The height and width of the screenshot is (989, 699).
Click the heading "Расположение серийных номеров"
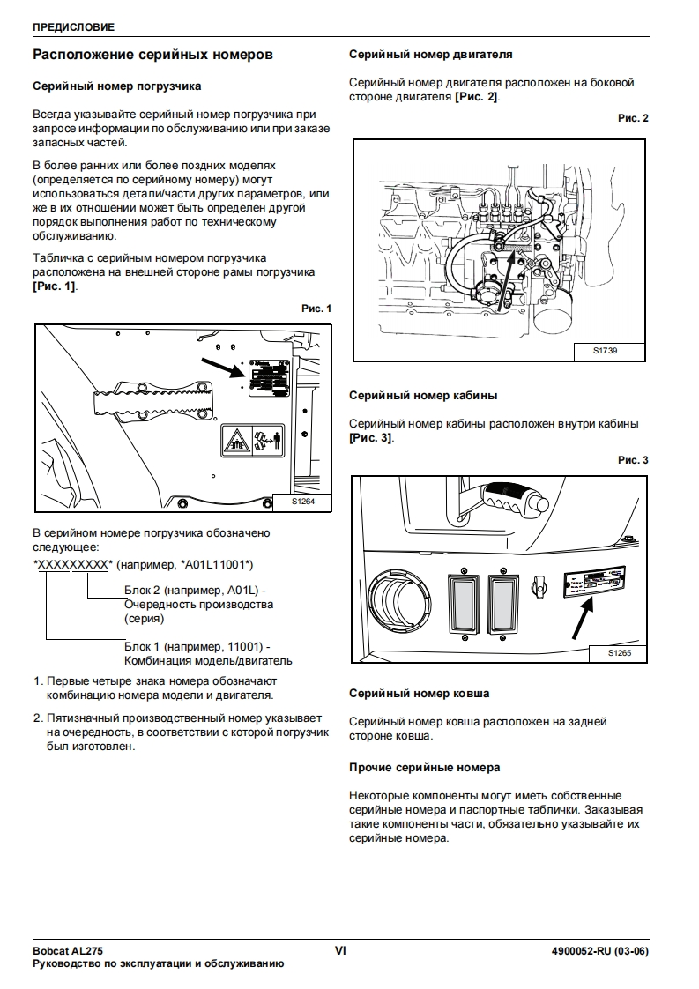tap(152, 55)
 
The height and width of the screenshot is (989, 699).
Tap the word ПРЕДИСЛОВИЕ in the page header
tap(73, 27)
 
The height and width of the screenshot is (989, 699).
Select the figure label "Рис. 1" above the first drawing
tap(316, 309)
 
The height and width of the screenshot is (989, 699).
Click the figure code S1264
tap(302, 502)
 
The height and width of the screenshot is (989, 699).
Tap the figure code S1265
tap(621, 653)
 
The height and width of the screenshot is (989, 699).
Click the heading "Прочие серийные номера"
tap(425, 767)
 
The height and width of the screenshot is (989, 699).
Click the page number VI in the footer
tap(340, 950)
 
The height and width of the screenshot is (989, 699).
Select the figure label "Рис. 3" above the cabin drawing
tap(633, 460)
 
